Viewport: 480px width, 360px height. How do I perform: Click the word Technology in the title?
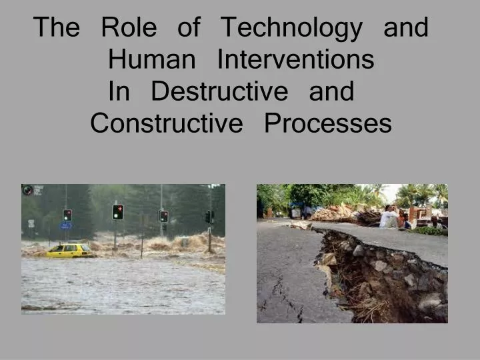pyautogui.click(x=291, y=28)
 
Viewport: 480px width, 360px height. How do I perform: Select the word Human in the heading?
pyautogui.click(x=151, y=60)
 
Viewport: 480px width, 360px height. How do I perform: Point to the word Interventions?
pyautogui.click(x=295, y=60)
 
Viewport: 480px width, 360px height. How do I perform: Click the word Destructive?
pyautogui.click(x=219, y=91)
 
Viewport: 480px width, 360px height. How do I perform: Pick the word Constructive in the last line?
pyautogui.click(x=167, y=123)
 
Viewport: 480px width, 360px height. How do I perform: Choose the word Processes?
pyautogui.click(x=327, y=123)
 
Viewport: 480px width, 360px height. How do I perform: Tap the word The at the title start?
pyautogui.click(x=57, y=28)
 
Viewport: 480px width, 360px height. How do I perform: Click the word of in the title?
pyautogui.click(x=189, y=28)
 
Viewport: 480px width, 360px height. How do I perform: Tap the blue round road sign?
pyautogui.click(x=65, y=226)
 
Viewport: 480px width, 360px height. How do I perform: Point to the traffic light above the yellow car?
pyautogui.click(x=67, y=215)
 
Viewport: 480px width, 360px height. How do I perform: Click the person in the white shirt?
pyautogui.click(x=389, y=217)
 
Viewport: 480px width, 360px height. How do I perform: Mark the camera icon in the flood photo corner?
pyautogui.click(x=28, y=190)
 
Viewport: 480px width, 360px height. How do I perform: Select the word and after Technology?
pyautogui.click(x=406, y=28)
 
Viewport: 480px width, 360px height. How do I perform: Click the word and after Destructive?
pyautogui.click(x=331, y=91)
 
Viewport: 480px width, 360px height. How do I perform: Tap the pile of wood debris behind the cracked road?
pyautogui.click(x=337, y=214)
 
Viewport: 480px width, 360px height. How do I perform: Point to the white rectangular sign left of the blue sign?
pyautogui.click(x=31, y=223)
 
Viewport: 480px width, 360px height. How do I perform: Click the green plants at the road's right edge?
pyautogui.click(x=431, y=231)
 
